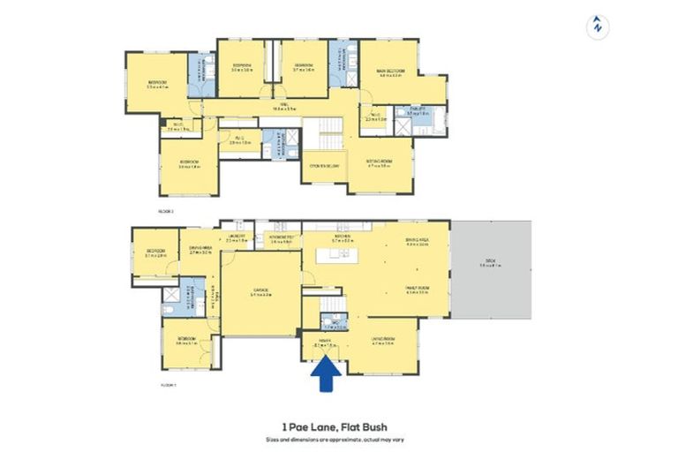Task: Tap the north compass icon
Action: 598,26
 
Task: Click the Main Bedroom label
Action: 391,73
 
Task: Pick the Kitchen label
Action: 343,237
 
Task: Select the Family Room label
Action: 417,288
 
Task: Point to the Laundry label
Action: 236,237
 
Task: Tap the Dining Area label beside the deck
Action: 417,241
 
